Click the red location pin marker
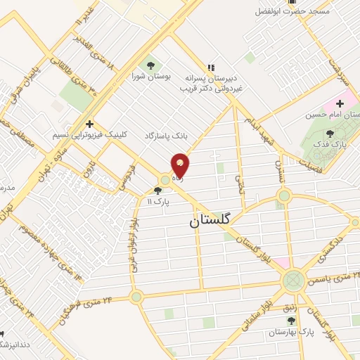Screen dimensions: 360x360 coord(181,166)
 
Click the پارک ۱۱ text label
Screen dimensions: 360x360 coord(160,201)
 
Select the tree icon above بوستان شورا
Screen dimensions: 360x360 coord(150,67)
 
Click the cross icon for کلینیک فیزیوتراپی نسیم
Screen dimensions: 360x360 coord(89,124)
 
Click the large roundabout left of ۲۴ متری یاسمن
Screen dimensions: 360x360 coord(292,281)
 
